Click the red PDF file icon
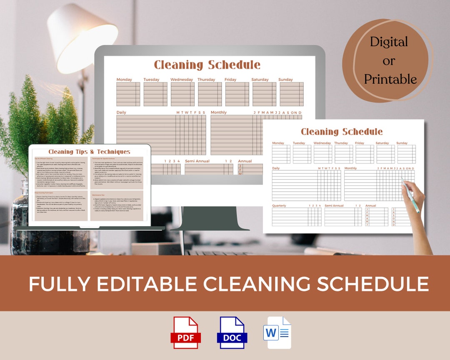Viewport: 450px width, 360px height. pyautogui.click(x=186, y=332)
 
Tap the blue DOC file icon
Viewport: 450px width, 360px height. pyautogui.click(x=232, y=332)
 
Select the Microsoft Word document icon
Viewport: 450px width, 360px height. pyautogui.click(x=277, y=332)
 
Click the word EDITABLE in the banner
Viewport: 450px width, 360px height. pyautogui.click(x=148, y=284)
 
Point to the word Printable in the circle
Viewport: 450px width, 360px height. pyautogui.click(x=390, y=79)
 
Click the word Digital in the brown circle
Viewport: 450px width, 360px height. pyautogui.click(x=389, y=42)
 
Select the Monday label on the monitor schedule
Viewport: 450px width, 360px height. pyautogui.click(x=124, y=80)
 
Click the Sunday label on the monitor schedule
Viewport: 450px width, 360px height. pyautogui.click(x=286, y=80)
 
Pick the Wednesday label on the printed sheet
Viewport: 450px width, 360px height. pyautogui.click(x=322, y=143)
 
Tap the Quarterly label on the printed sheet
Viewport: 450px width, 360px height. pyautogui.click(x=279, y=205)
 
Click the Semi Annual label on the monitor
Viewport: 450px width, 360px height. pyautogui.click(x=197, y=161)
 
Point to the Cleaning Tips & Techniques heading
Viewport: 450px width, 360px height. pyautogui.click(x=89, y=152)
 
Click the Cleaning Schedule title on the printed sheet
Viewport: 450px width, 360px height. pyautogui.click(x=342, y=132)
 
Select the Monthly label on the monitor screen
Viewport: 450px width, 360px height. pyautogui.click(x=218, y=112)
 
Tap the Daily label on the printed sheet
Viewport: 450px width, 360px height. pyautogui.click(x=276, y=168)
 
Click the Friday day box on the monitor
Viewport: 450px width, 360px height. pyautogui.click(x=237, y=94)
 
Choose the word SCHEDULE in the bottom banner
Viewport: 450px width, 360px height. pyautogui.click(x=373, y=284)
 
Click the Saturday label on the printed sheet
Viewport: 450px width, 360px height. pyautogui.click(x=382, y=143)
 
